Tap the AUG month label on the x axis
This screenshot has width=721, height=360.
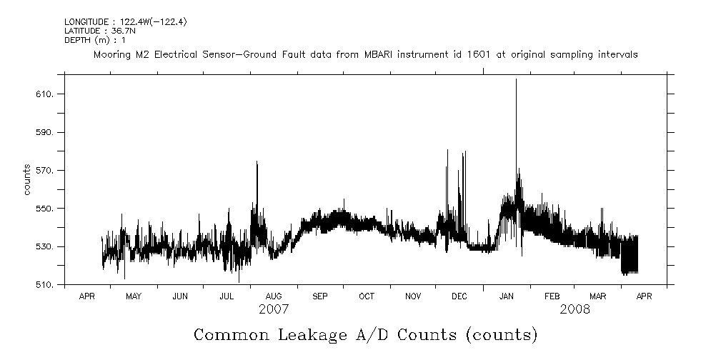(x=274, y=296)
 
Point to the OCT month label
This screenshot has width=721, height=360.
(x=367, y=296)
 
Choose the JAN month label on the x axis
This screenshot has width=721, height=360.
(x=507, y=296)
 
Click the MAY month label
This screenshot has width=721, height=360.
(x=134, y=296)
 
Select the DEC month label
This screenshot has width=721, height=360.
(x=459, y=296)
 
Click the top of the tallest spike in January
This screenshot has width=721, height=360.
(x=516, y=79)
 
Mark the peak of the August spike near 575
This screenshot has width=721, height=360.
(x=257, y=162)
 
